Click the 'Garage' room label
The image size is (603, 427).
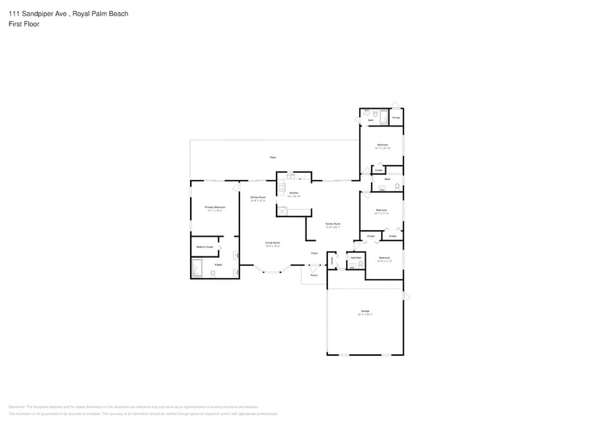(x=365, y=311)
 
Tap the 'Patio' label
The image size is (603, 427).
(x=273, y=157)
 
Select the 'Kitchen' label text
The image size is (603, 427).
(x=293, y=193)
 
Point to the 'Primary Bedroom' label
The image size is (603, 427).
(x=215, y=207)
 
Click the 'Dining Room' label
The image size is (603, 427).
(x=258, y=198)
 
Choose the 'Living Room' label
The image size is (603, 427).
(x=272, y=243)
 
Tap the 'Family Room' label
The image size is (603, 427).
(x=332, y=224)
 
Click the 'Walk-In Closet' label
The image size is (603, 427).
(x=205, y=247)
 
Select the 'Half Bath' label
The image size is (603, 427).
(x=356, y=258)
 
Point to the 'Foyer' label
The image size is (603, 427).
(x=314, y=253)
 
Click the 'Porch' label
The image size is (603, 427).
(x=314, y=275)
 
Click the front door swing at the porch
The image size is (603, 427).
(x=313, y=268)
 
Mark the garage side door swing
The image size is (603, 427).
(x=407, y=296)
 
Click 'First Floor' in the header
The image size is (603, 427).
(x=25, y=24)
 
